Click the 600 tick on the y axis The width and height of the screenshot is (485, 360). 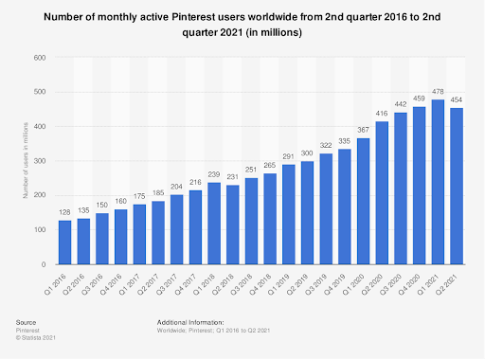40,58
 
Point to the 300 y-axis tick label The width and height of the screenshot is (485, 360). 40,161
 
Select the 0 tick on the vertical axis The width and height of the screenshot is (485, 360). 44,264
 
